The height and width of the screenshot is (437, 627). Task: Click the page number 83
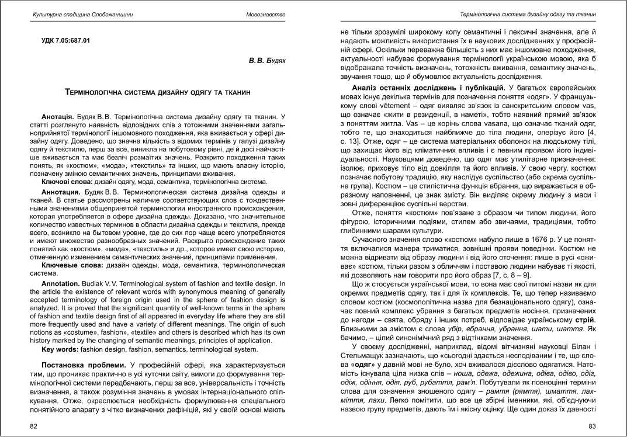(592, 426)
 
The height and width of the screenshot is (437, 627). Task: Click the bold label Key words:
(61, 350)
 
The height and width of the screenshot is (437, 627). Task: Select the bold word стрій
(586, 320)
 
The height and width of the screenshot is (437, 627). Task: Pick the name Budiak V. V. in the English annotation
(102, 283)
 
